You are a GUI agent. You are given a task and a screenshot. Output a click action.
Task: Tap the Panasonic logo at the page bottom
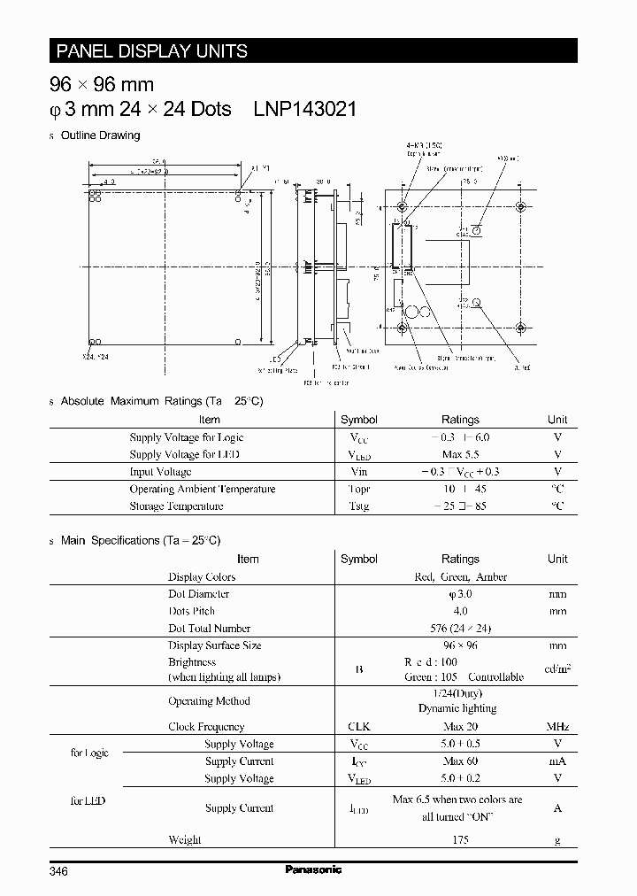(313, 869)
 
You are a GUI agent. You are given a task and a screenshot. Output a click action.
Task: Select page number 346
(59, 870)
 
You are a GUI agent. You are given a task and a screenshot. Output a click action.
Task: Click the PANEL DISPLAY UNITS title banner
(152, 50)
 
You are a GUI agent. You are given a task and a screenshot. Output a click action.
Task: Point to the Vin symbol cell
(358, 472)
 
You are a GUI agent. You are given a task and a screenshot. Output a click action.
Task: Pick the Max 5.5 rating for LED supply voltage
(460, 454)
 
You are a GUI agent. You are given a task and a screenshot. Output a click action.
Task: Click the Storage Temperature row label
(176, 506)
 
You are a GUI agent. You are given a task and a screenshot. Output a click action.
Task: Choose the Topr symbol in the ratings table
(358, 489)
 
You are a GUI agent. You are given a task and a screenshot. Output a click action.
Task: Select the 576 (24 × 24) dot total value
(460, 628)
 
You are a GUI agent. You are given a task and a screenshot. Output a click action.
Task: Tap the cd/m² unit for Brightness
(557, 668)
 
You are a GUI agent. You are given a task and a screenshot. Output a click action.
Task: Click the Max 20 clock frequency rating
(460, 726)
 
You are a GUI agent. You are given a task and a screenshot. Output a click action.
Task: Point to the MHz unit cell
(557, 726)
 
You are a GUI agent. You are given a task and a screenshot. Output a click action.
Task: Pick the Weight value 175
(460, 839)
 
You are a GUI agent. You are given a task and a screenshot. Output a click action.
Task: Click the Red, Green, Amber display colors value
(460, 576)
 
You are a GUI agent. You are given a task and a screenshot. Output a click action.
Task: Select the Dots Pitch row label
(192, 611)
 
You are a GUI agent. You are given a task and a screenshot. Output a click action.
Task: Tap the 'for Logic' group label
(89, 753)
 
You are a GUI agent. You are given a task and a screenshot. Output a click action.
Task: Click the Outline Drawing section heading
(100, 135)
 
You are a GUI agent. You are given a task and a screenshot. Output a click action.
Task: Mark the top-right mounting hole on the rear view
(520, 207)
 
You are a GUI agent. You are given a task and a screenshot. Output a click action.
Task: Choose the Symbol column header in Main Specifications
(358, 559)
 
